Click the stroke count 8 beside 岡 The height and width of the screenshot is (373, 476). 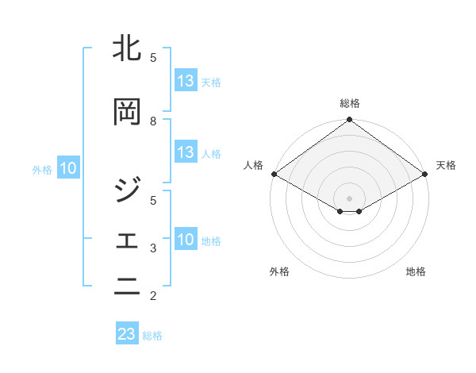coord(163,121)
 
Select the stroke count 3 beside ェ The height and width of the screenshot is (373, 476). coord(163,248)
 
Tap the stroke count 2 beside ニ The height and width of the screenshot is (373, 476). coord(163,296)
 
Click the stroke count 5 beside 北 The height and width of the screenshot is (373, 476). coord(163,57)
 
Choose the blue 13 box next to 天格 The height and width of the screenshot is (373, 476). coord(186,81)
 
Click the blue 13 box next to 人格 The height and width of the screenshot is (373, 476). coord(186,152)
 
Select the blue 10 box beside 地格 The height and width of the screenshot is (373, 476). coord(186,240)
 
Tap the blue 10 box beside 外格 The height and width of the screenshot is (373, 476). coord(67,168)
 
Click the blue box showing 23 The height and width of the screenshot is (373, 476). coord(127,334)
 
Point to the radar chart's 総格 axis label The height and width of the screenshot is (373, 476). coord(350,103)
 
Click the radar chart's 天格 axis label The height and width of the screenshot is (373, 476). coord(446,165)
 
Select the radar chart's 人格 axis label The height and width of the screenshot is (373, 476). coord(254,165)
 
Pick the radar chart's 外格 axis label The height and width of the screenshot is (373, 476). coord(279,271)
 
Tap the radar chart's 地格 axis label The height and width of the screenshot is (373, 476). coord(416,271)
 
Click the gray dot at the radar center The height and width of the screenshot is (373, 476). coord(349,197)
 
